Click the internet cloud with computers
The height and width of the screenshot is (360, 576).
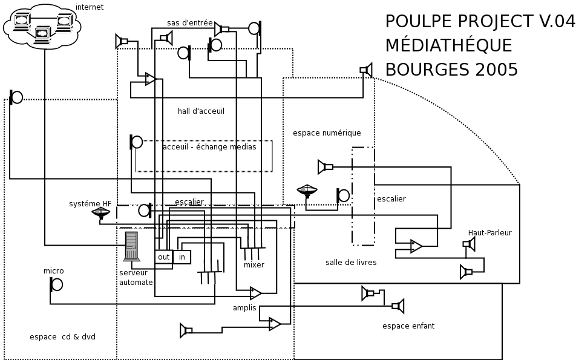(42, 26)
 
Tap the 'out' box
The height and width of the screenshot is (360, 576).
(163, 257)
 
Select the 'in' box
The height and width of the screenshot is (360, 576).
(182, 257)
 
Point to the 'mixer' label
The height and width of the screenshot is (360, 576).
(254, 265)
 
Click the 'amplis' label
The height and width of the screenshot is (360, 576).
(244, 308)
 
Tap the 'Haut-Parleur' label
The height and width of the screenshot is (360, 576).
(489, 233)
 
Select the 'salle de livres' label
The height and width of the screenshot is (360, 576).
(351, 263)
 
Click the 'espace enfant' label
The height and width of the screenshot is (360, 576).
(408, 326)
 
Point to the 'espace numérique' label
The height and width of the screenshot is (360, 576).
(327, 133)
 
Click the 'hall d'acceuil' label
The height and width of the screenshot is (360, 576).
(201, 111)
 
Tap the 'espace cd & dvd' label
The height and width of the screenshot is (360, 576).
(62, 337)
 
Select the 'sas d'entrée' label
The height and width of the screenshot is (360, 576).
(189, 23)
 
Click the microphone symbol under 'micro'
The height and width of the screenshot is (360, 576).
(56, 284)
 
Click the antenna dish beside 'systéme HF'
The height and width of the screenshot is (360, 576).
(101, 214)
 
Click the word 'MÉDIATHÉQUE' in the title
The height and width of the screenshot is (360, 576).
(448, 46)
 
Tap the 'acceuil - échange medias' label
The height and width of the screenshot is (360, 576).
(209, 147)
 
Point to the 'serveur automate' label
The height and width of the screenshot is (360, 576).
(136, 278)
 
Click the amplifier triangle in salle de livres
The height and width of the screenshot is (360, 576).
(416, 246)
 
